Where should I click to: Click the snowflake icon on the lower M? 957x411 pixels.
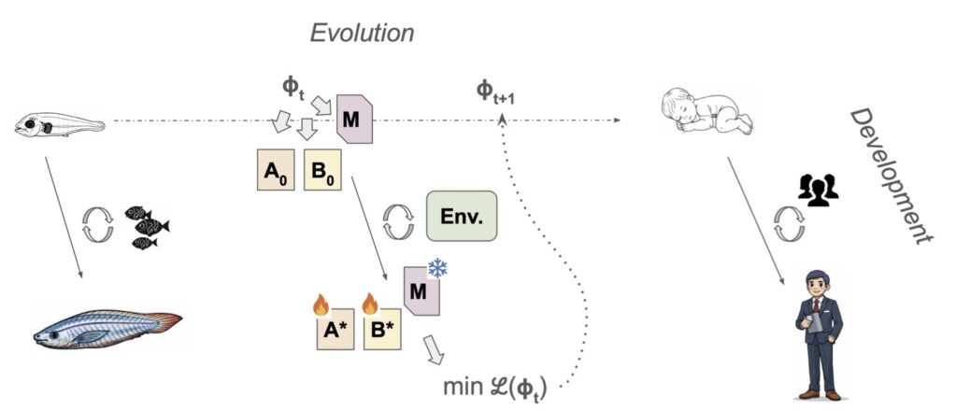pos(437,269)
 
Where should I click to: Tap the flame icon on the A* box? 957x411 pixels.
pos(321,304)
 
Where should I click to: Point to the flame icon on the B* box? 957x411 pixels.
pos(369,304)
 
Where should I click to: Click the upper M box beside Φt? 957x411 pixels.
pos(354,119)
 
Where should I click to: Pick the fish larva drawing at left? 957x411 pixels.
pos(58,122)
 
